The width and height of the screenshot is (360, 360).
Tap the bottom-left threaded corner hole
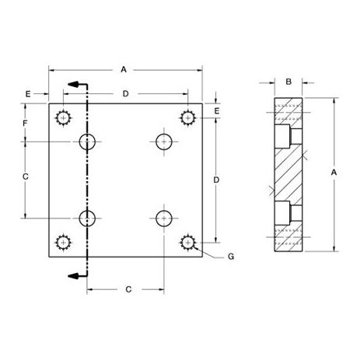click(x=63, y=243)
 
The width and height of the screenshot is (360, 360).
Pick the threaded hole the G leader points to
click(x=187, y=243)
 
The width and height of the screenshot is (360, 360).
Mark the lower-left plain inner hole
click(x=88, y=218)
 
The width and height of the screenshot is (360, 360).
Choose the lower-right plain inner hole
click(x=163, y=218)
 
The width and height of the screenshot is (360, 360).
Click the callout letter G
click(x=231, y=256)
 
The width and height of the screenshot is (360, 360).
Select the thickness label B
click(x=288, y=81)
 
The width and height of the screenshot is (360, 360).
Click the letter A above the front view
click(x=124, y=69)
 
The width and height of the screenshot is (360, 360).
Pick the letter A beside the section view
click(x=334, y=171)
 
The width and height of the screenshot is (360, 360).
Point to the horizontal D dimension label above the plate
click(x=126, y=93)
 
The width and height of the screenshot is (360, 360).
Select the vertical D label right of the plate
click(x=216, y=180)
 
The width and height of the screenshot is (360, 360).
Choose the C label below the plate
click(x=127, y=289)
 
